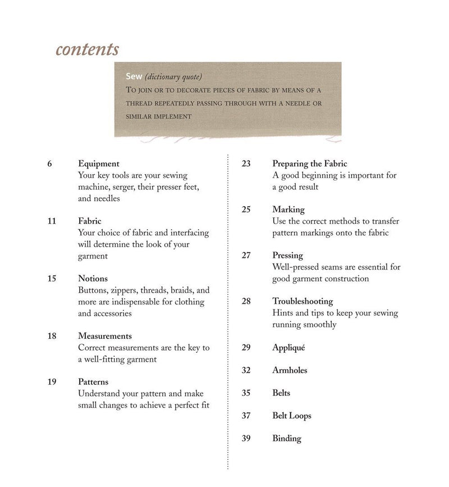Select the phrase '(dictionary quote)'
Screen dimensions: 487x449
173,76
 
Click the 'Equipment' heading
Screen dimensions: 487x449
99,163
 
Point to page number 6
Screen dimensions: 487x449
50,163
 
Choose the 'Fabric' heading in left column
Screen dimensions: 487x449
90,221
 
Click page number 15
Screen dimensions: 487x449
52,278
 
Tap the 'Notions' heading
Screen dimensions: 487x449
93,278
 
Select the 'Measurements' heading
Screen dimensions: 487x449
105,336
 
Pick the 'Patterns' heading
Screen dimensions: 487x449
93,382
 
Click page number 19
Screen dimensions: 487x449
52,382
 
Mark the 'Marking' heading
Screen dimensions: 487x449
288,210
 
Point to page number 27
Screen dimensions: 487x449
246,255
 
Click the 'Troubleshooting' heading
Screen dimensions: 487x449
303,301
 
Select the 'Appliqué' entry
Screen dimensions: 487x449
288,348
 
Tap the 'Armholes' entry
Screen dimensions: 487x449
290,370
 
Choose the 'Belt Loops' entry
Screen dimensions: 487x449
292,416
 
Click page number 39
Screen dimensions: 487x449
246,438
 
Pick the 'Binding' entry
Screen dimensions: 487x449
287,438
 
